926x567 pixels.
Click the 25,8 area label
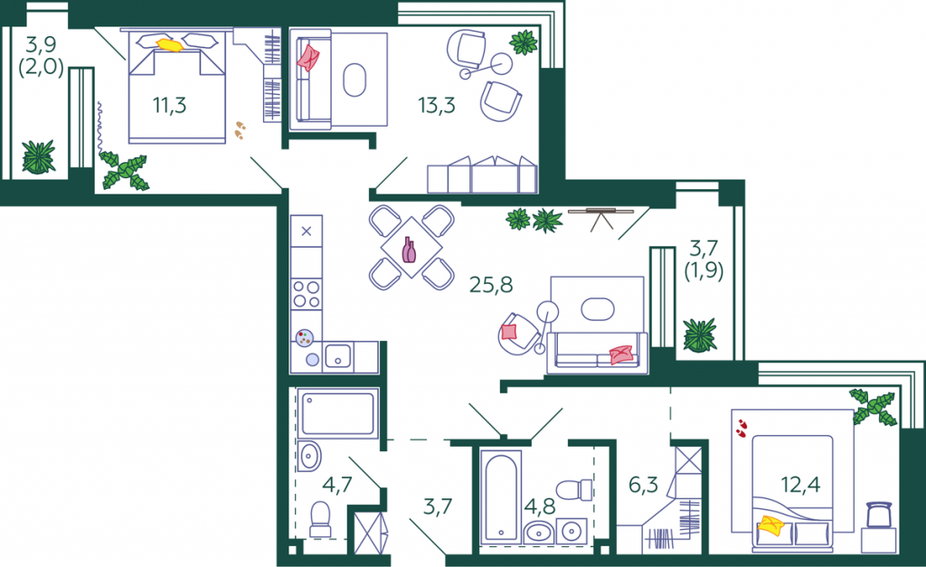491,285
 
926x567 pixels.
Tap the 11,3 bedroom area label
169,105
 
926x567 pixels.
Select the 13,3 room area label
437,105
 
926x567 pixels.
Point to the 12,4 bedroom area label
800,485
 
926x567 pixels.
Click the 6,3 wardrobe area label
643,485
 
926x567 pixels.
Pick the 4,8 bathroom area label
540,506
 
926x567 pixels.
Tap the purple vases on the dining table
409,250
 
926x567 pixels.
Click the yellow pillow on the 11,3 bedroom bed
170,45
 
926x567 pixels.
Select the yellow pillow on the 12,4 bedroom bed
770,524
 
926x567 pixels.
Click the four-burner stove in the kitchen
307,294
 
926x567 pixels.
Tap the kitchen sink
338,356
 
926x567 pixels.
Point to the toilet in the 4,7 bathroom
321,519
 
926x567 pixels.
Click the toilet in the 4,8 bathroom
574,489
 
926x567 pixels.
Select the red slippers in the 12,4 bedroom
742,429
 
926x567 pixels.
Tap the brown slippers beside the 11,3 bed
239,130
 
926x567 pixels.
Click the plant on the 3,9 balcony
39,157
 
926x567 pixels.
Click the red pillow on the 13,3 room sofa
307,58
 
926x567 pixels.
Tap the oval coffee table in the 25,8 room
598,308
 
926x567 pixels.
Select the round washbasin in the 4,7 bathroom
309,456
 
